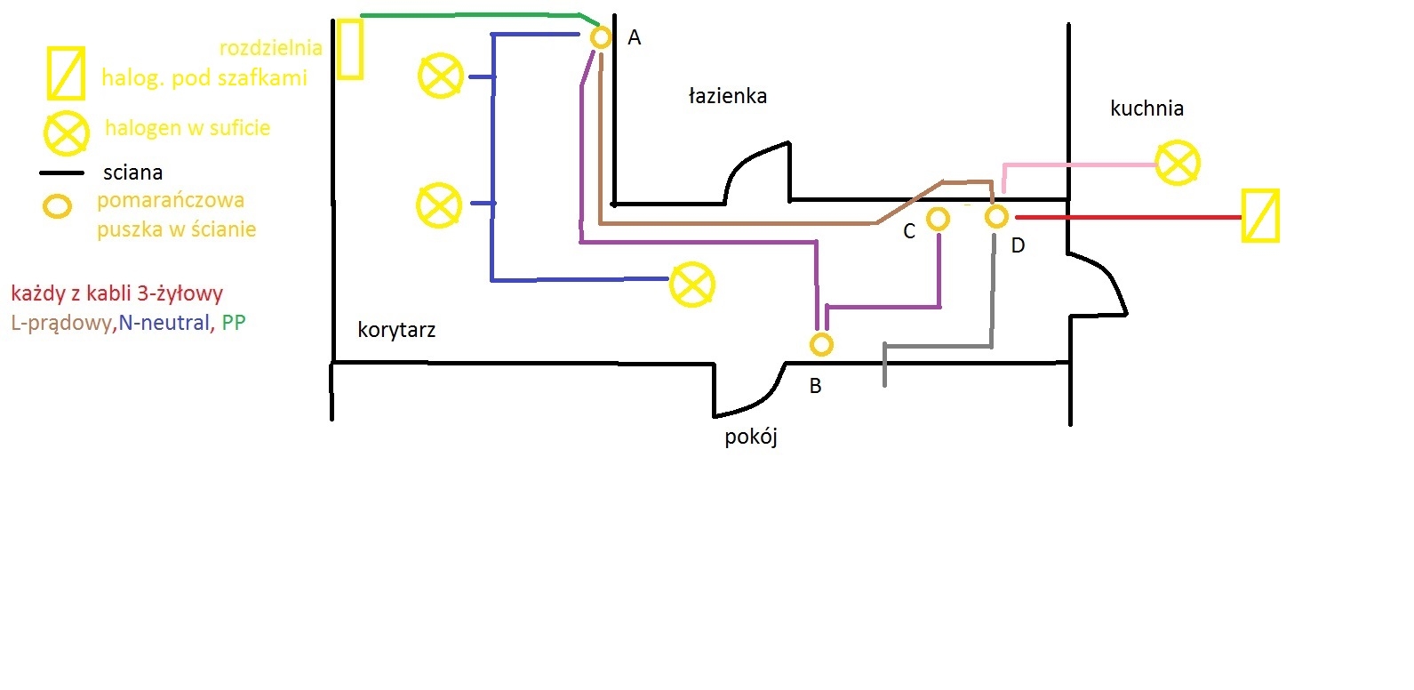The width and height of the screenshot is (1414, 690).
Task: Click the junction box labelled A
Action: tap(601, 37)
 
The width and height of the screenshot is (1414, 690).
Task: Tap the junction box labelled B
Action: tap(821, 345)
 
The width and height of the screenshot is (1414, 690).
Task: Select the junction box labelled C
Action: tap(938, 219)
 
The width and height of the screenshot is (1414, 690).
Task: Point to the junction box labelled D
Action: tap(997, 217)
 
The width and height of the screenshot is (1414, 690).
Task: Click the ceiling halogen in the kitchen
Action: tap(1178, 163)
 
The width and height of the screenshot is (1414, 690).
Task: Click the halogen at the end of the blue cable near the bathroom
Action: tap(692, 285)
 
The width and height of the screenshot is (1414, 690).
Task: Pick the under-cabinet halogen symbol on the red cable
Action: tap(1260, 216)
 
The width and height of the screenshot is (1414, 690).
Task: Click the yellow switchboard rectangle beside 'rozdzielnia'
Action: tap(349, 49)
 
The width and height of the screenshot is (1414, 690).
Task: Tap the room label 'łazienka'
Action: tap(727, 96)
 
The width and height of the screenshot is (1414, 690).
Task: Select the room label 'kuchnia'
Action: tap(1146, 108)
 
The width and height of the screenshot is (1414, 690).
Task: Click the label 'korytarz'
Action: tap(396, 330)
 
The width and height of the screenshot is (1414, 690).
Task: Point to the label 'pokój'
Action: tap(751, 437)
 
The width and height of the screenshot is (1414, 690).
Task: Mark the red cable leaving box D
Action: tap(1129, 217)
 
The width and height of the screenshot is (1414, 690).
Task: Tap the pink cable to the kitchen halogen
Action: tap(1079, 165)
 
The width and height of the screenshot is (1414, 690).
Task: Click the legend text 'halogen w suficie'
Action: tap(188, 127)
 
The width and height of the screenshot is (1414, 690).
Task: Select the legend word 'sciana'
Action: tap(132, 172)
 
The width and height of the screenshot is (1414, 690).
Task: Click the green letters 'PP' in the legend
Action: tap(234, 323)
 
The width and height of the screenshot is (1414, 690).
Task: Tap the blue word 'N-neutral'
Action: tap(164, 323)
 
